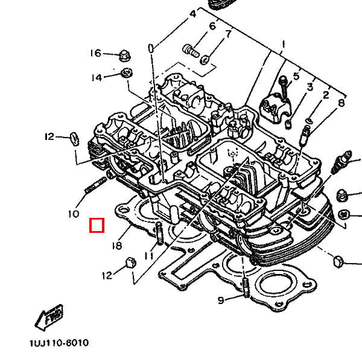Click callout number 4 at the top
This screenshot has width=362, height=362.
tap(192, 13)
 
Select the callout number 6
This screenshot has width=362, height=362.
tap(212, 27)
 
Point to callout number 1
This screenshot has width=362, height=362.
tap(282, 45)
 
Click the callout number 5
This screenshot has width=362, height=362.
tap(296, 76)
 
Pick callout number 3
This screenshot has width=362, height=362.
tap(310, 87)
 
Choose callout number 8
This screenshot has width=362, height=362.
tap(341, 103)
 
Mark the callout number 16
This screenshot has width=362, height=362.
tap(96, 53)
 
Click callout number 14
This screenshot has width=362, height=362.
tap(97, 77)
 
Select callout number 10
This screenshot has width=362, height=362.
tap(73, 214)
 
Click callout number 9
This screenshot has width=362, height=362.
tap(220, 300)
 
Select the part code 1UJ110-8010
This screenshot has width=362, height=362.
tap(58, 343)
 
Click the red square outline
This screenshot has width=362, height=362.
tap(97, 226)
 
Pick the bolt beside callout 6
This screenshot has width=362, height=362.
tap(190, 48)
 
